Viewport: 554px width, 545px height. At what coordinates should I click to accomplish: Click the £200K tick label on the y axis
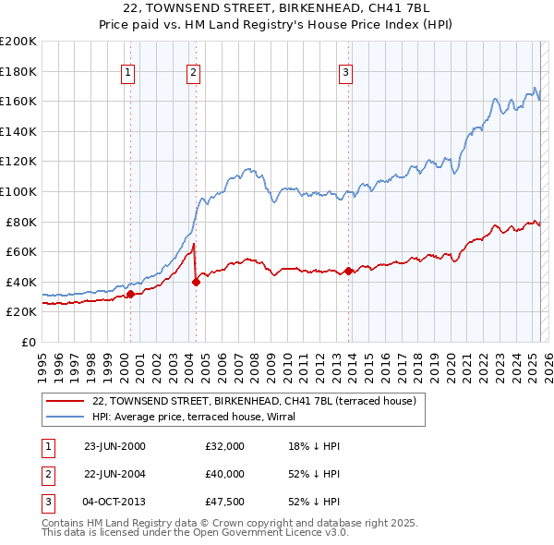18,42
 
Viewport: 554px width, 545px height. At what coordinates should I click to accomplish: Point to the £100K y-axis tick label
18,191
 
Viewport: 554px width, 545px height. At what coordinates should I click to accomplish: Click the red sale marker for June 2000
131,295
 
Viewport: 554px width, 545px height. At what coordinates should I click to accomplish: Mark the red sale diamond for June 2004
197,282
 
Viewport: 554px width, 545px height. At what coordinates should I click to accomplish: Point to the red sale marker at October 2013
348,271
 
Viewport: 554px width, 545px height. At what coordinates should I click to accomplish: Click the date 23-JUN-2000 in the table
114,446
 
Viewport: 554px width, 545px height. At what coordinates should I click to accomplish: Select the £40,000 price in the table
225,473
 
